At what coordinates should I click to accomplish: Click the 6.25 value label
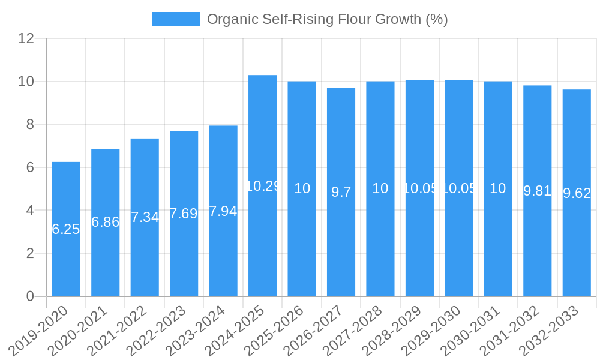tap(66, 229)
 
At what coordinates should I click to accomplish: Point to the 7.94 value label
tap(223, 211)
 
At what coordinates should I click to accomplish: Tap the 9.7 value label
tap(341, 192)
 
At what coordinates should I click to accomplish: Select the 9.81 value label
tap(537, 191)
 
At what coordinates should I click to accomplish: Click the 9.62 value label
tap(577, 193)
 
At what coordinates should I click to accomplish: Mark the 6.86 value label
tap(105, 222)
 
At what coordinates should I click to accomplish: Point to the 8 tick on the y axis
tap(30, 125)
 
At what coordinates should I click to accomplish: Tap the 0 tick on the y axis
tap(30, 296)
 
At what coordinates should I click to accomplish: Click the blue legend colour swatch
tap(175, 19)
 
